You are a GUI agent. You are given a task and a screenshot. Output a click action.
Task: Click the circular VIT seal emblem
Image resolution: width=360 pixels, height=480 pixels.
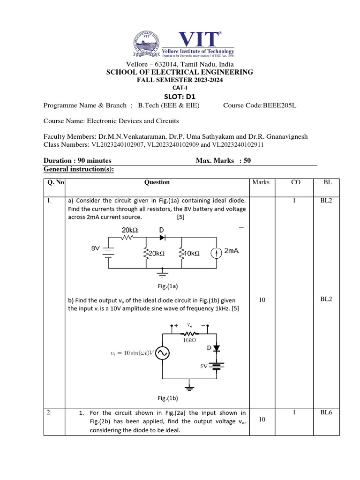tap(147, 43)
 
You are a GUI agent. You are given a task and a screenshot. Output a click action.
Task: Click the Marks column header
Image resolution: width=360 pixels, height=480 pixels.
tap(261, 182)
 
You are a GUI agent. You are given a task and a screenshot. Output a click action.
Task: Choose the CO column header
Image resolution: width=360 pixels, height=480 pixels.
tap(296, 182)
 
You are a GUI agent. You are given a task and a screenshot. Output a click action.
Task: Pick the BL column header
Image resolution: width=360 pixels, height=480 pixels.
tap(328, 182)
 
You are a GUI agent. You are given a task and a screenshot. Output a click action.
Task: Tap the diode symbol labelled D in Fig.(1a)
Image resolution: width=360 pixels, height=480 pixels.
tap(162, 238)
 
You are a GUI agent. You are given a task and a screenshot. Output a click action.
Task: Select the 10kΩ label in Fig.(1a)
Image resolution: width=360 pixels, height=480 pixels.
tap(191, 253)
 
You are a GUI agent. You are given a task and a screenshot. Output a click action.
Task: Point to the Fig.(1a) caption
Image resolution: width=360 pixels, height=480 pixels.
tap(167, 285)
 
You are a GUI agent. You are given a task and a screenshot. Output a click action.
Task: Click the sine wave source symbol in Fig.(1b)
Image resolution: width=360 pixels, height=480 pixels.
tap(162, 353)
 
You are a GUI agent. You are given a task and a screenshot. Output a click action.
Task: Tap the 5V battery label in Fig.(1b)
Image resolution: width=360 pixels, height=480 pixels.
tap(204, 367)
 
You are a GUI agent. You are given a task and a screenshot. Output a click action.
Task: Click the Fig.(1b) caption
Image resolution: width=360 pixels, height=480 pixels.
tap(167, 398)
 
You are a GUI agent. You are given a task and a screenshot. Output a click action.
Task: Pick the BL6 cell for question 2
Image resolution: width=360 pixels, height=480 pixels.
tap(328, 413)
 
